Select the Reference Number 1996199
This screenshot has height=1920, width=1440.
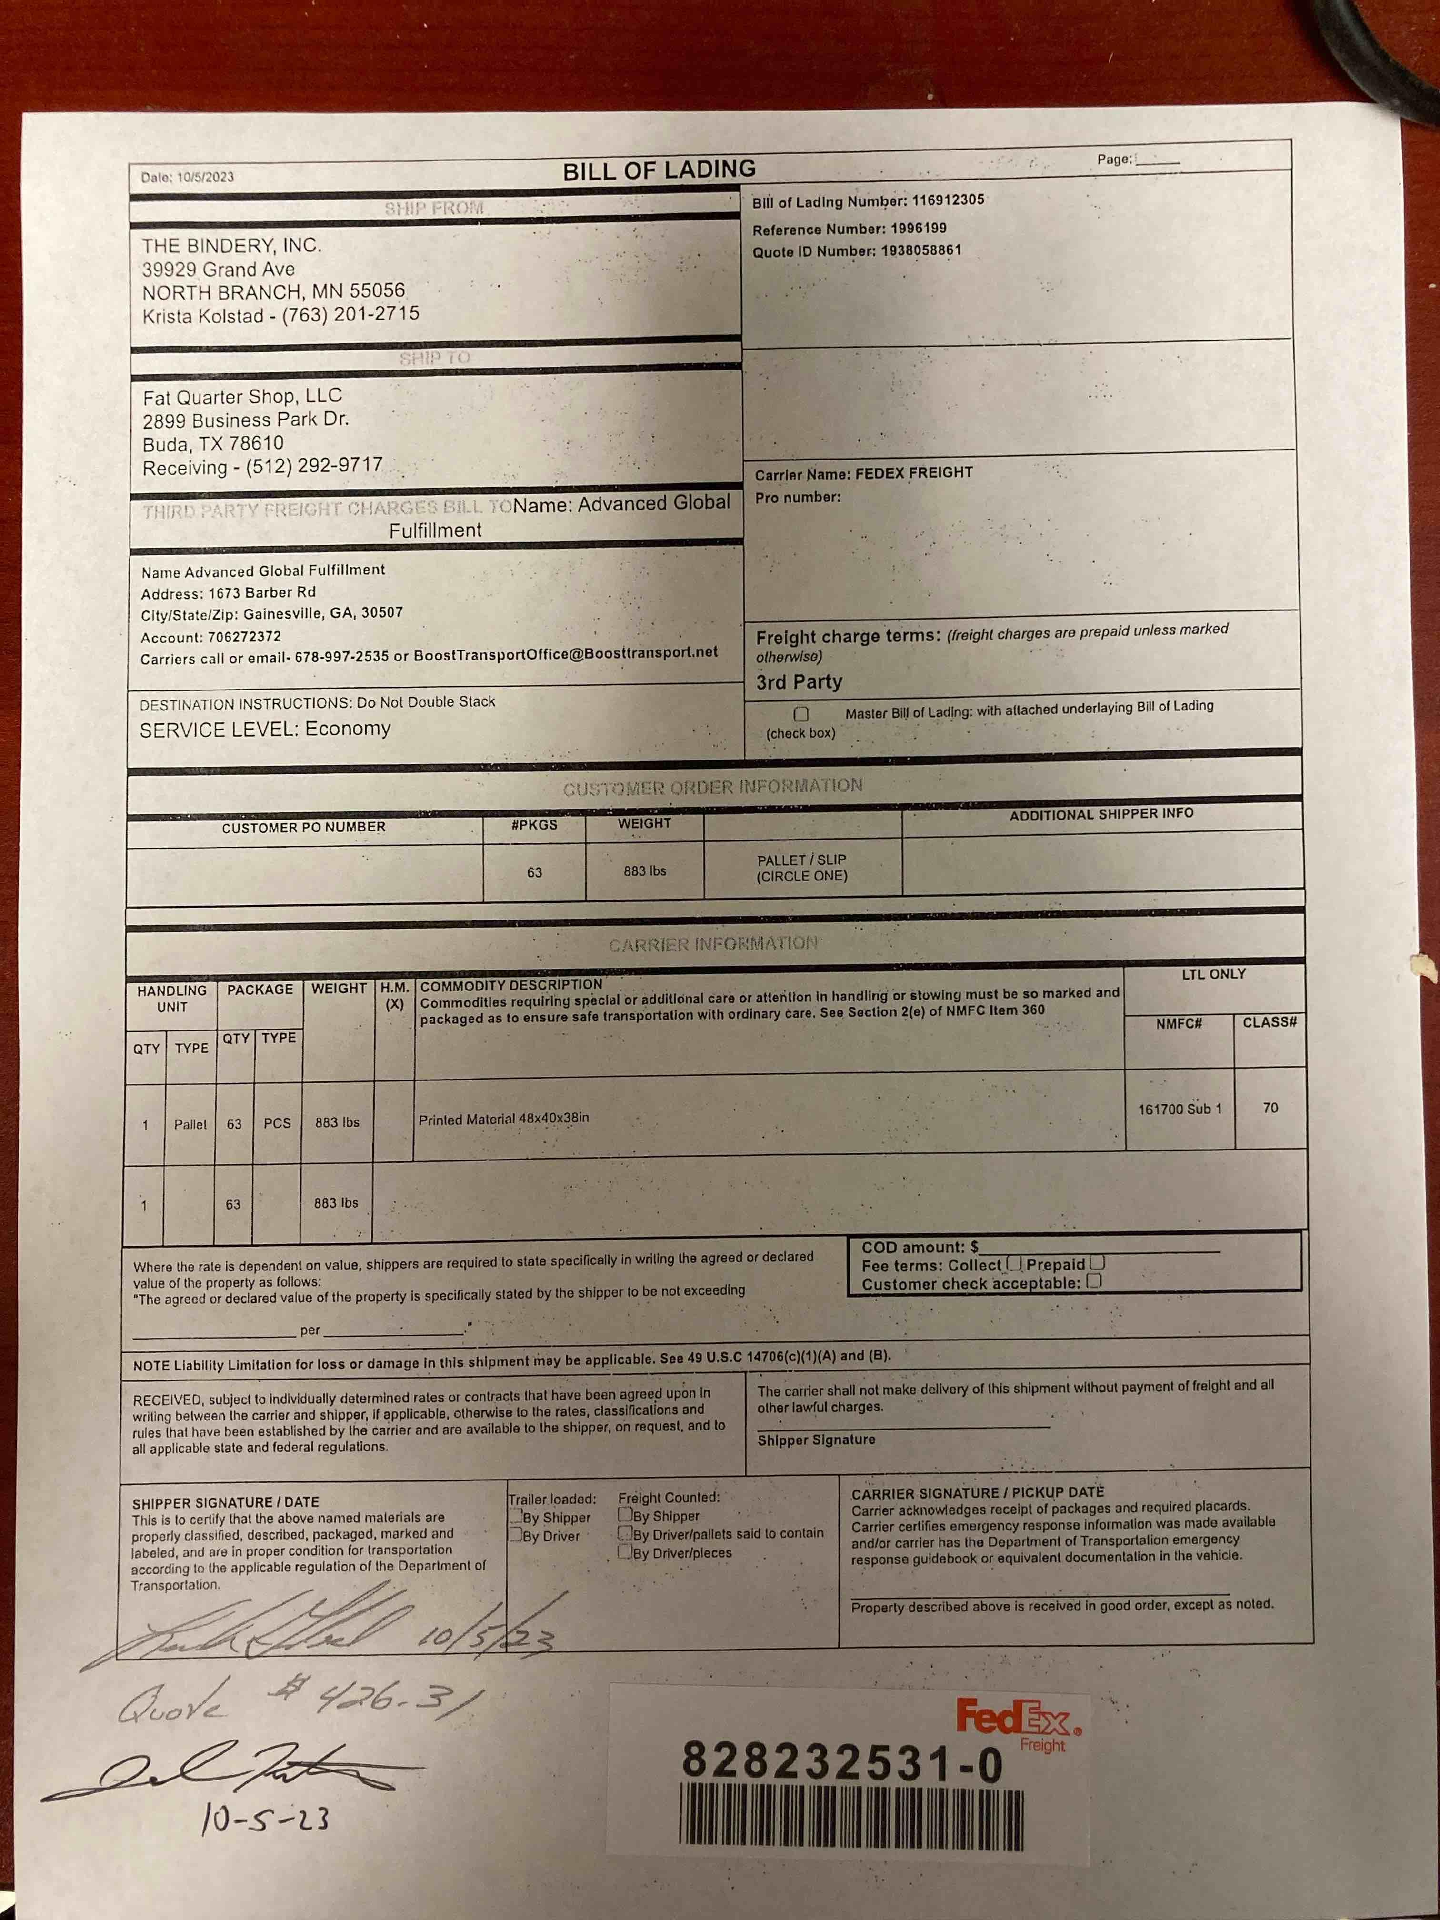919,228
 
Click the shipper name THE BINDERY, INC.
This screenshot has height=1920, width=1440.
232,246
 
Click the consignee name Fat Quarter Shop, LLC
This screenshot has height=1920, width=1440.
242,397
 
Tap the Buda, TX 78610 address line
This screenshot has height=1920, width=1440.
213,443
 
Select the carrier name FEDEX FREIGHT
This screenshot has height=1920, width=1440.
914,472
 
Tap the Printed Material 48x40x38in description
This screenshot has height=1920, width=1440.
503,1119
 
